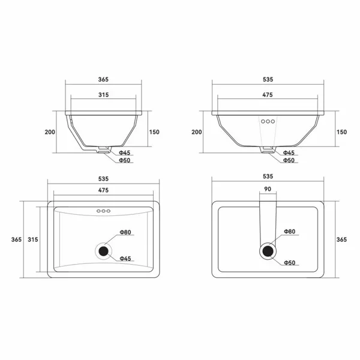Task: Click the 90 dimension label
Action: [x=268, y=189]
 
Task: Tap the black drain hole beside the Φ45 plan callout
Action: [x=103, y=251]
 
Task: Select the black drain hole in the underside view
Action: [x=268, y=251]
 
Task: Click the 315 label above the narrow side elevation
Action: [x=104, y=95]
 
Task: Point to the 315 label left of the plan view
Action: [x=33, y=239]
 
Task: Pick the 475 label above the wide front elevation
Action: [x=268, y=95]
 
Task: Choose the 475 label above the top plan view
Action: [x=103, y=190]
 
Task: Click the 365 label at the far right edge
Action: [x=341, y=239]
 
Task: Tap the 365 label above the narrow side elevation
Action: [x=103, y=79]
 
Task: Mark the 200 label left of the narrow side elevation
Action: [x=50, y=132]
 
